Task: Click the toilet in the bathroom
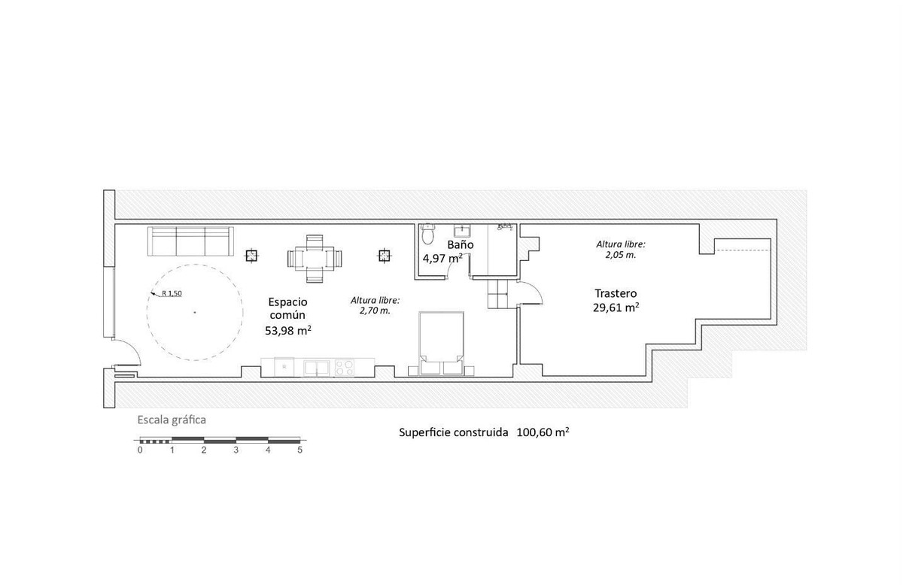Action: click(x=427, y=234)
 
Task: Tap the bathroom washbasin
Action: click(x=461, y=230)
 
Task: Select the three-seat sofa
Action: click(x=190, y=241)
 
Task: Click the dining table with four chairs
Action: click(x=315, y=259)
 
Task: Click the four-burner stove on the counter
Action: click(x=345, y=368)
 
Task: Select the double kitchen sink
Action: click(x=317, y=368)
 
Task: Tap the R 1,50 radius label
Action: click(x=172, y=293)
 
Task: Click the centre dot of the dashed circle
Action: click(x=195, y=312)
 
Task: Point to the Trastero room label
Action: click(x=616, y=293)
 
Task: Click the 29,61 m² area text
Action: click(x=616, y=308)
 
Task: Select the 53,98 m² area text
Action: click(x=287, y=330)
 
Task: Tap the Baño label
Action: click(x=461, y=244)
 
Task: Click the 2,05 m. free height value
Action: click(x=620, y=255)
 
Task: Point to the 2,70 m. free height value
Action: click(x=375, y=311)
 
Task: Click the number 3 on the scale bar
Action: click(x=236, y=450)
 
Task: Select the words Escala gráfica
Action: click(x=172, y=420)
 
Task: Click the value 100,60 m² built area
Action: click(x=543, y=432)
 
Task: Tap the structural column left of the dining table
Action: click(x=251, y=256)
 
